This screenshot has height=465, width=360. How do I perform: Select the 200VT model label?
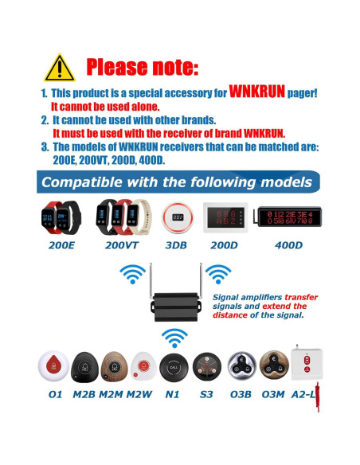[x=122, y=245]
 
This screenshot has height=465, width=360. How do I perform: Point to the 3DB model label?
[x=178, y=245]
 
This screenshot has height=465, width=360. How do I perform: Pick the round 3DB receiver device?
[x=178, y=216]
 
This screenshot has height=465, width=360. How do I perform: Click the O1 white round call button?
[x=54, y=367]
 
